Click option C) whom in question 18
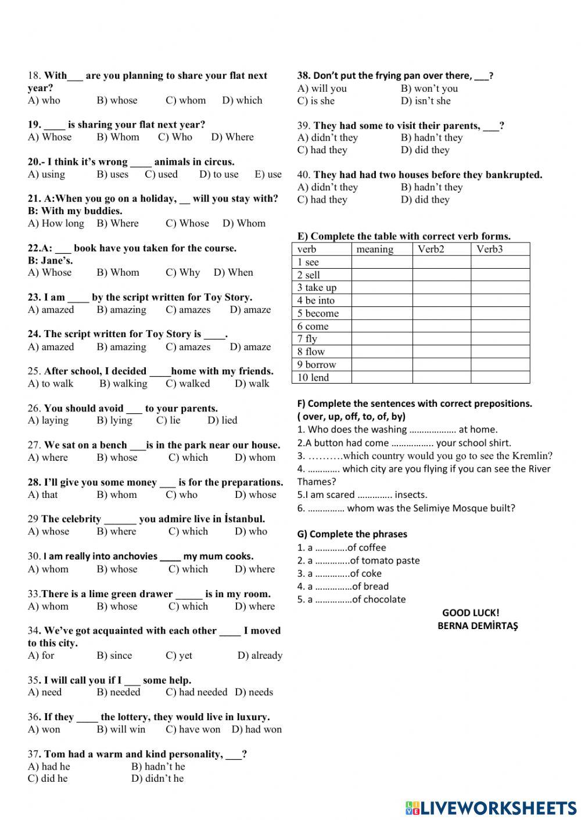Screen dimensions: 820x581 pyautogui.click(x=185, y=100)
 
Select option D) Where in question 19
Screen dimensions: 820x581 pyautogui.click(x=232, y=137)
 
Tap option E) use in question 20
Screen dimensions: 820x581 pyautogui.click(x=268, y=174)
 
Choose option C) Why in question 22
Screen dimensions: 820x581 pyautogui.click(x=182, y=272)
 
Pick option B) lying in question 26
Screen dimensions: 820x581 pyautogui.click(x=114, y=420)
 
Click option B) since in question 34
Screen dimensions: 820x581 pyautogui.click(x=114, y=655)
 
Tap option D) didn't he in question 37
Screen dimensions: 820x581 pyautogui.click(x=157, y=778)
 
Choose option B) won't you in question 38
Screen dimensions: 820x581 pyautogui.click(x=429, y=88)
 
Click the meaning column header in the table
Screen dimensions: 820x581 pyautogui.click(x=375, y=249)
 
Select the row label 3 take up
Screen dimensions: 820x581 pyautogui.click(x=317, y=287)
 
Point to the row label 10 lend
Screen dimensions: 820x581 pyautogui.click(x=313, y=377)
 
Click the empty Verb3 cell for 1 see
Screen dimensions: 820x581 pyautogui.click(x=500, y=262)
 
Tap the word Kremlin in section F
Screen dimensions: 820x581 pyautogui.click(x=532, y=456)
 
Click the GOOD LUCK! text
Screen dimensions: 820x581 pyautogui.click(x=471, y=612)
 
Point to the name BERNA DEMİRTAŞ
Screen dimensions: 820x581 pyautogui.click(x=478, y=626)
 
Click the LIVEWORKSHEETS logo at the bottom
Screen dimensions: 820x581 pyautogui.click(x=490, y=807)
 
